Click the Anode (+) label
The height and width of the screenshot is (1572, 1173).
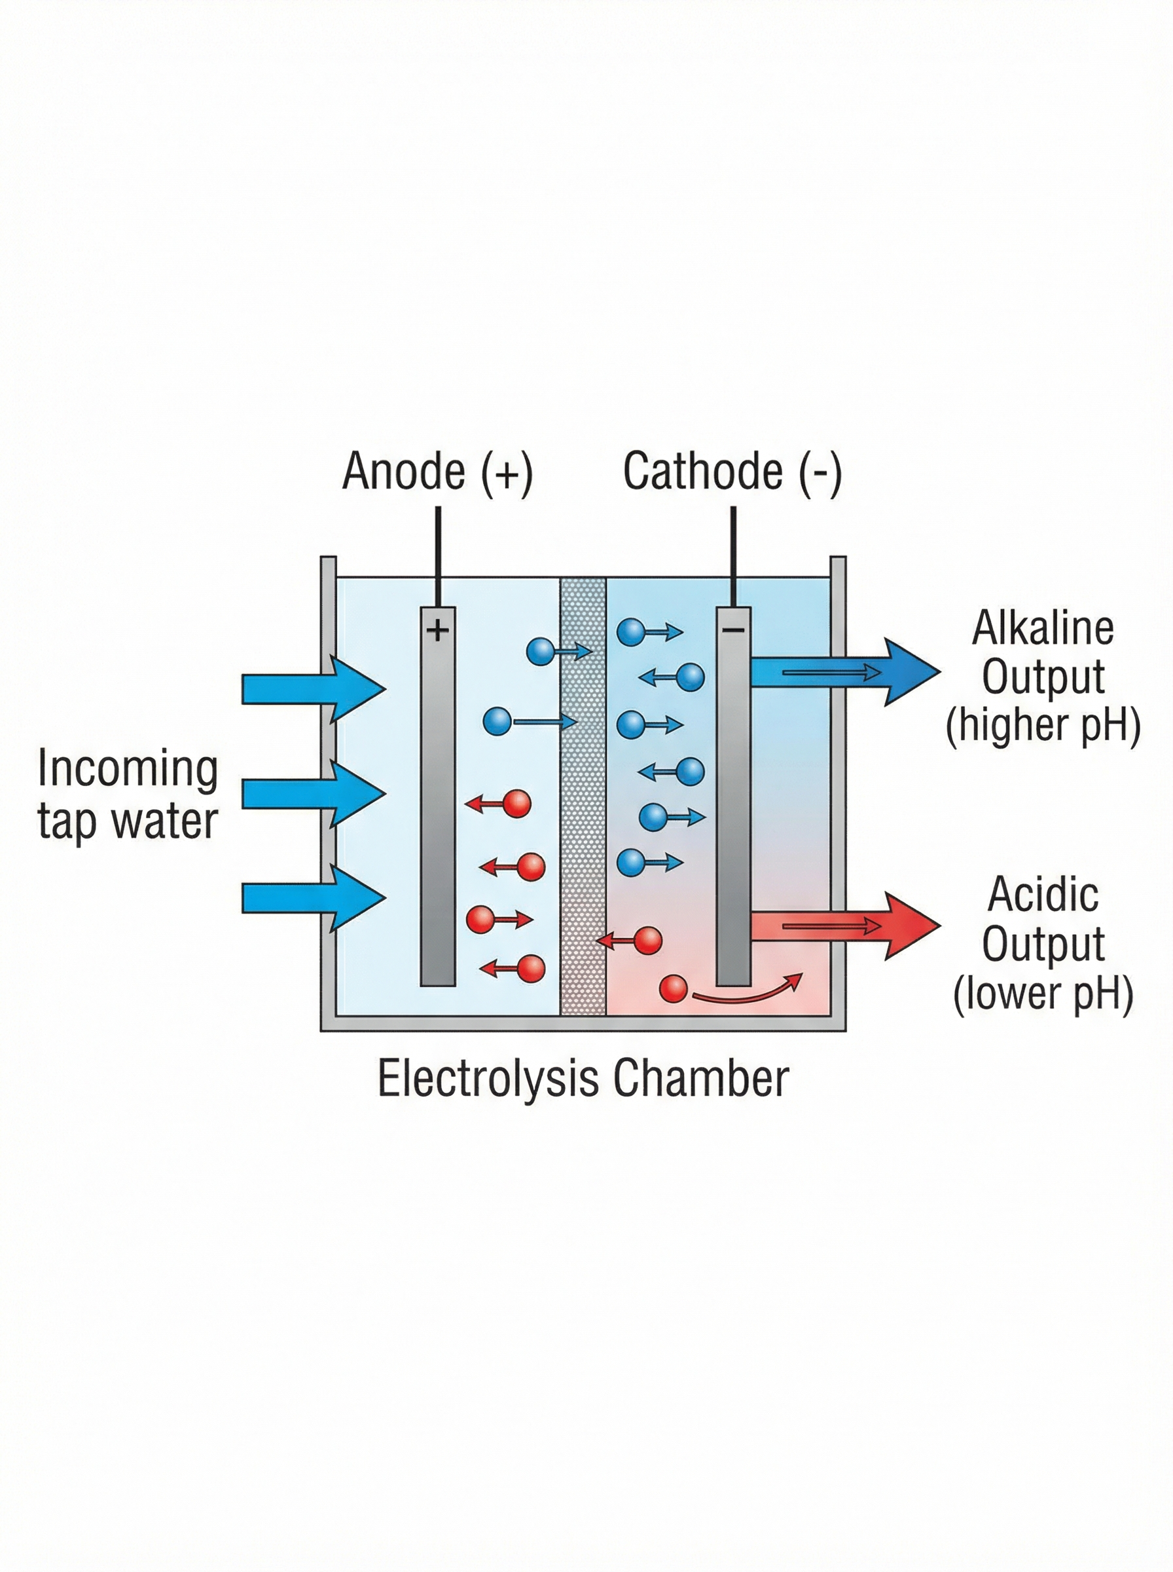pos(437,471)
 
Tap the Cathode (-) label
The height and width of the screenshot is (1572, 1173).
pos(732,471)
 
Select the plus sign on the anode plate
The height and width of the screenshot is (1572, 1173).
pos(437,629)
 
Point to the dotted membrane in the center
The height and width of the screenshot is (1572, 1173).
pos(583,796)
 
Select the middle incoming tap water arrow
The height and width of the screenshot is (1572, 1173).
pos(312,794)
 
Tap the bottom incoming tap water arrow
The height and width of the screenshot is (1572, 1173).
pos(312,898)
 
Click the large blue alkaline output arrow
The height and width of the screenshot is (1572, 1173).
pos(845,671)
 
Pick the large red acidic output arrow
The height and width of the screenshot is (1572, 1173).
pos(845,926)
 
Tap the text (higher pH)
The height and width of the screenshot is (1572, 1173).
pos(1042,725)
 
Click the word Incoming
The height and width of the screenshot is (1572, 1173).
pos(128,770)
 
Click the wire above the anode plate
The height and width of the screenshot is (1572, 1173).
pos(437,555)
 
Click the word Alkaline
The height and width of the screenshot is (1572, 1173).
pos(1042,629)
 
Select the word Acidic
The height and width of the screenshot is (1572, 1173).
pos(1042,894)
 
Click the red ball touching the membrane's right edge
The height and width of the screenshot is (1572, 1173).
pos(647,941)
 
